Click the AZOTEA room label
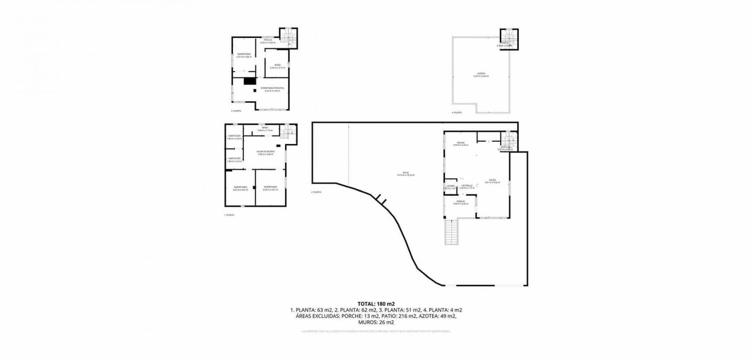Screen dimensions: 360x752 [x=481, y=74]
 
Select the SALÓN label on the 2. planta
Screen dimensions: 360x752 [x=492, y=180]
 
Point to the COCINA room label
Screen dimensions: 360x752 [x=461, y=143]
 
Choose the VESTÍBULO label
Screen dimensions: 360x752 [x=467, y=185]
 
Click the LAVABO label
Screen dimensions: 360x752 [x=450, y=185]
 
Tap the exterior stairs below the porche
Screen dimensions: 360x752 [x=451, y=232]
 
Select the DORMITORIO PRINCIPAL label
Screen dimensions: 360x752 [x=272, y=88]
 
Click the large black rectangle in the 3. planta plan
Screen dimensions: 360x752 [x=249, y=81]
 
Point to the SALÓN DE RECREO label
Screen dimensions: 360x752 [x=265, y=152]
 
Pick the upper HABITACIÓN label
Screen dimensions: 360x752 [x=235, y=136]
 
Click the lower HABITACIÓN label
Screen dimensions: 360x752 [x=235, y=158]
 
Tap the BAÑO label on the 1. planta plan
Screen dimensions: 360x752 [x=265, y=128]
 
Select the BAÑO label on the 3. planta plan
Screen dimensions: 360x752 [x=277, y=65]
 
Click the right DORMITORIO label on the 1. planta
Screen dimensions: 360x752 [x=270, y=187]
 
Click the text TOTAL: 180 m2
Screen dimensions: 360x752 [x=376, y=304]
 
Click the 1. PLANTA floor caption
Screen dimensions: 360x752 [x=229, y=215]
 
